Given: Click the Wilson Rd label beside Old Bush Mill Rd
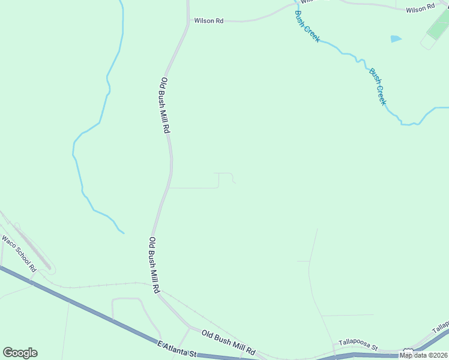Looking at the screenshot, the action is (208, 20).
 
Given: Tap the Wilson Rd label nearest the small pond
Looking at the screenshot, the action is (420, 9).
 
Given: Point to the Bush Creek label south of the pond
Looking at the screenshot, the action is (378, 86).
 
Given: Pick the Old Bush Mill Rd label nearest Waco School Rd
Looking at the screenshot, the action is (154, 265).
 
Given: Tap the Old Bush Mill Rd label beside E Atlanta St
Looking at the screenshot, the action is (228, 342).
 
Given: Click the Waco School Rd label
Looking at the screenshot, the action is (19, 253).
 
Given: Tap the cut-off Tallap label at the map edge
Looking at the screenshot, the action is (441, 328).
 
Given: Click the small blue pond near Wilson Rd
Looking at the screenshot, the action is (396, 39).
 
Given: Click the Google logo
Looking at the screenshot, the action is (20, 353).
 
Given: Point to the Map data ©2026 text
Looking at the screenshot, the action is (423, 355).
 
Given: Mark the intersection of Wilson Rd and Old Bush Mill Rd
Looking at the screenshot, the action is (188, 21).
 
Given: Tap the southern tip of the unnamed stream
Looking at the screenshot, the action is (123, 232).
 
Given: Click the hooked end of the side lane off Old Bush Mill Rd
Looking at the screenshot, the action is (234, 182).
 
